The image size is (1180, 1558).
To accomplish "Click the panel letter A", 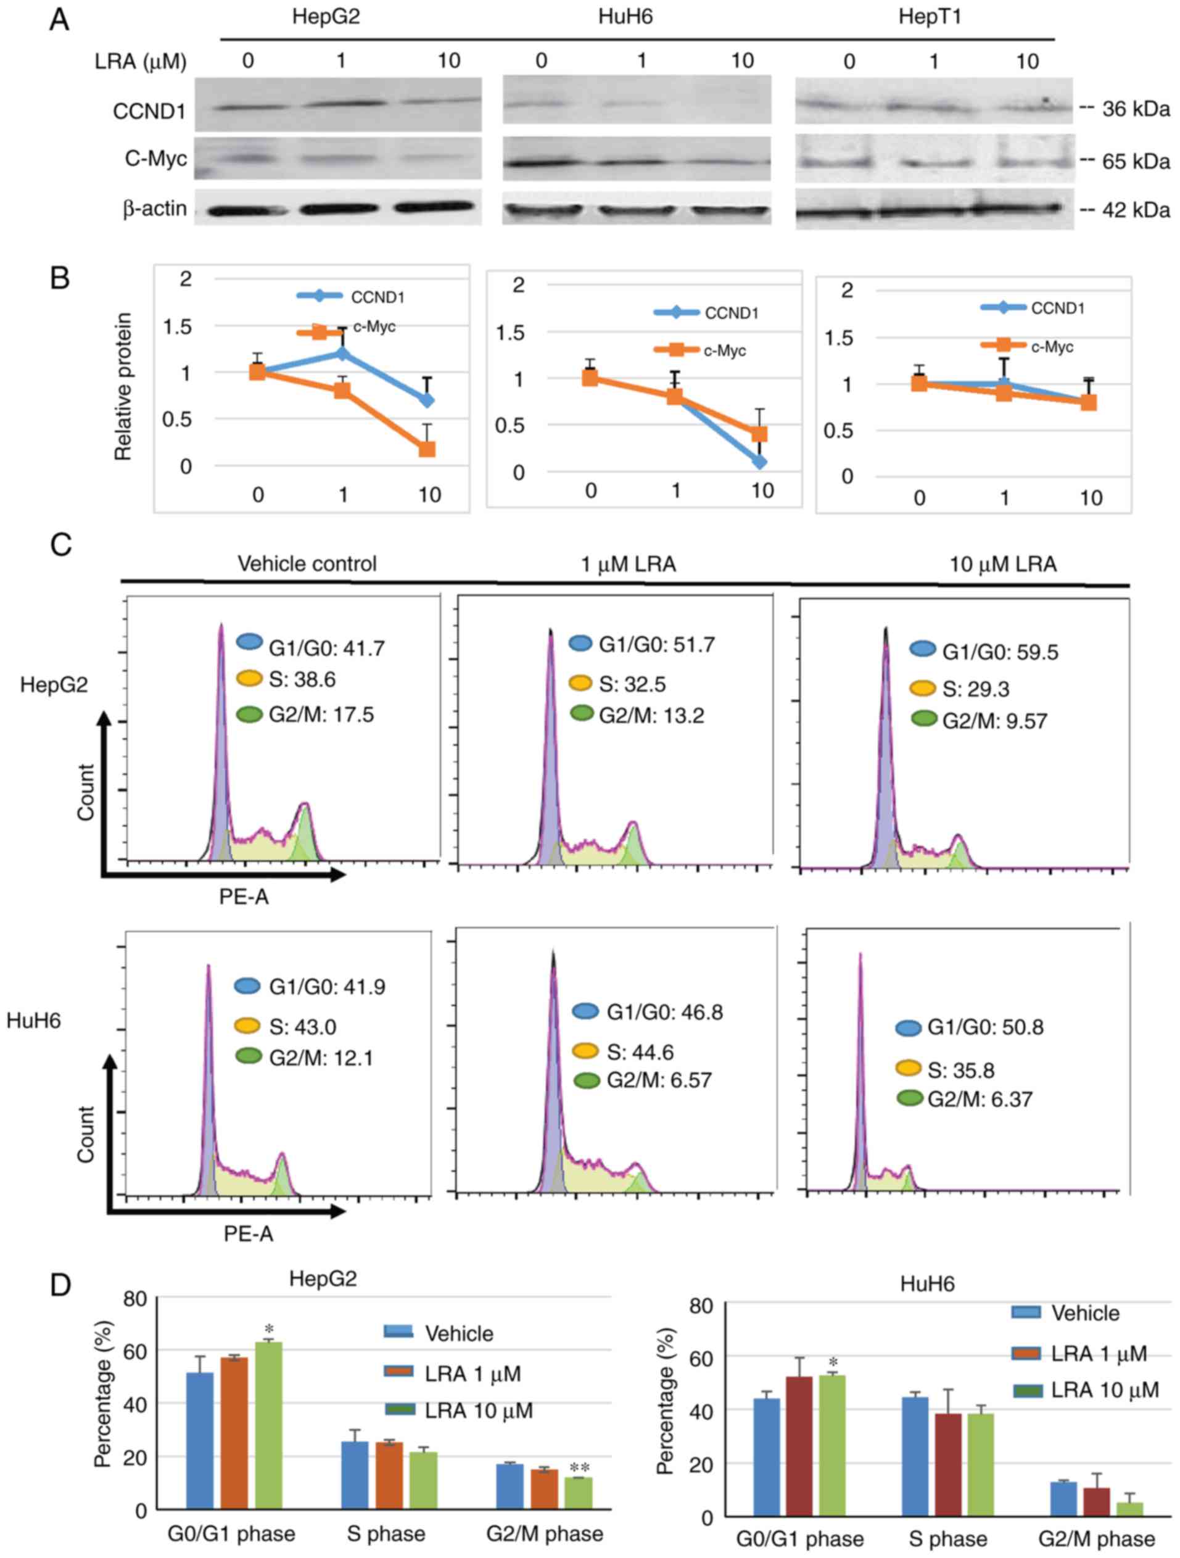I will (59, 19).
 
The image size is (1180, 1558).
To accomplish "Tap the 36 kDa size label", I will (1135, 109).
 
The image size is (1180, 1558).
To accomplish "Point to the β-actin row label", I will (155, 209).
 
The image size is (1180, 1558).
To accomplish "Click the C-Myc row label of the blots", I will (155, 159).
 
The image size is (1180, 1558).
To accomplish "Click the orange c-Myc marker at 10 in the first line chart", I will (427, 449).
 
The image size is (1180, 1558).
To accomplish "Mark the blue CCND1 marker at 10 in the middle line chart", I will (759, 462).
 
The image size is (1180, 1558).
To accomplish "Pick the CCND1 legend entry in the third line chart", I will (1033, 308).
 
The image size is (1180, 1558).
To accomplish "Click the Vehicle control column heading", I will (307, 563).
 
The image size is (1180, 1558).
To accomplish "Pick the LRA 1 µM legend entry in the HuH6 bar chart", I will (1084, 1353).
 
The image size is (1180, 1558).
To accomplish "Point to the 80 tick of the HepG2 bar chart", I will (135, 1298).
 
